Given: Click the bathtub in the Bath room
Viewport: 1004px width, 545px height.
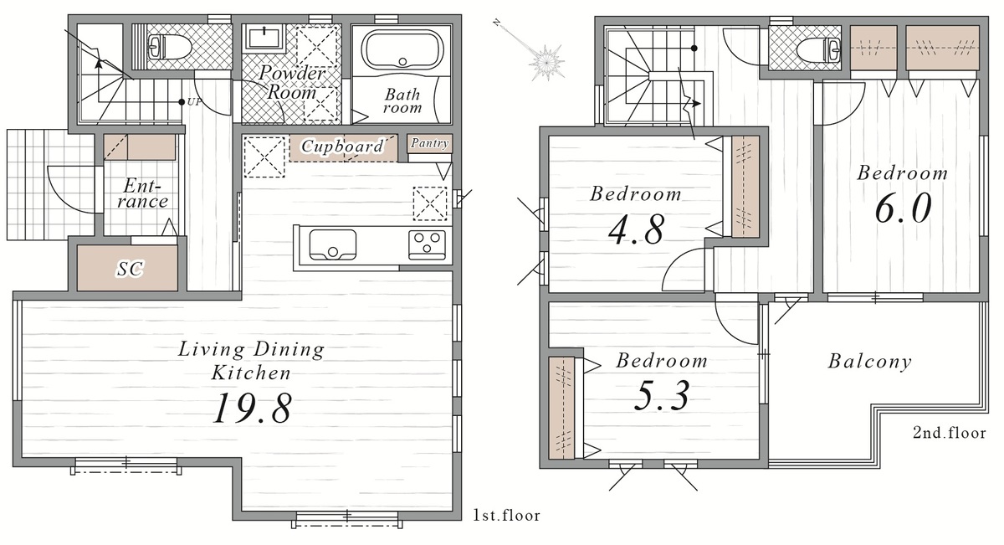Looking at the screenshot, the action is (402, 49).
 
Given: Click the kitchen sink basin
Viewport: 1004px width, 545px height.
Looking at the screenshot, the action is (333, 245).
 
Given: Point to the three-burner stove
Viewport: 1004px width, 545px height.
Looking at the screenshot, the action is (427, 245).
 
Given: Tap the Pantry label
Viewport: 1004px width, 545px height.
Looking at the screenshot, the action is (430, 143).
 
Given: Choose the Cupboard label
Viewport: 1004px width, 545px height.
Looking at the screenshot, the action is (342, 146).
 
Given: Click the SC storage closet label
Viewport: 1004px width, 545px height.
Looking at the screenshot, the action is (130, 269).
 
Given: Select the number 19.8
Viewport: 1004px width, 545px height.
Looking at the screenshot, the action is (253, 408).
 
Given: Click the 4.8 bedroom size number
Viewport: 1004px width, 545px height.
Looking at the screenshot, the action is (636, 229).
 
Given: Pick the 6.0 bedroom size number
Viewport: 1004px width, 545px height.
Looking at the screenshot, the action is (903, 208).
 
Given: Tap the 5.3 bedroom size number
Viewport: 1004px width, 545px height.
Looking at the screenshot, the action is (662, 395).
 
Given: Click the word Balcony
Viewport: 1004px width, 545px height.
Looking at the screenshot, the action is (869, 362).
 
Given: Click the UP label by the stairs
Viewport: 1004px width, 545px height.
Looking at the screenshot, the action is (194, 102).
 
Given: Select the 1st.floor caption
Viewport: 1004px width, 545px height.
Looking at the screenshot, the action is (506, 516).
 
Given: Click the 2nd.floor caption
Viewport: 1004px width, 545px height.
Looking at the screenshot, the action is (950, 433).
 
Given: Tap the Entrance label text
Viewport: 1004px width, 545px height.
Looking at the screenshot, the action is (142, 193).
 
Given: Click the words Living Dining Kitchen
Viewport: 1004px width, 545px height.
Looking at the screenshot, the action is (252, 361).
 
